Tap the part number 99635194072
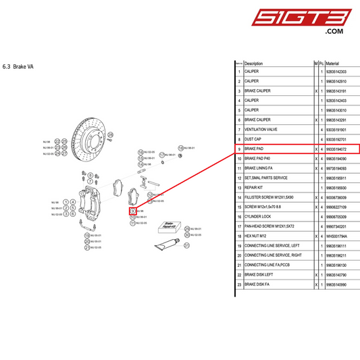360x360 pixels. [x=336, y=149]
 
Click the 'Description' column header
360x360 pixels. [x=254, y=63]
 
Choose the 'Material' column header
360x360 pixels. [x=332, y=63]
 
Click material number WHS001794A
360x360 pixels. [x=336, y=236]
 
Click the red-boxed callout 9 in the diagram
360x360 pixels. [x=132, y=211]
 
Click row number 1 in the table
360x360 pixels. [x=239, y=71]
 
